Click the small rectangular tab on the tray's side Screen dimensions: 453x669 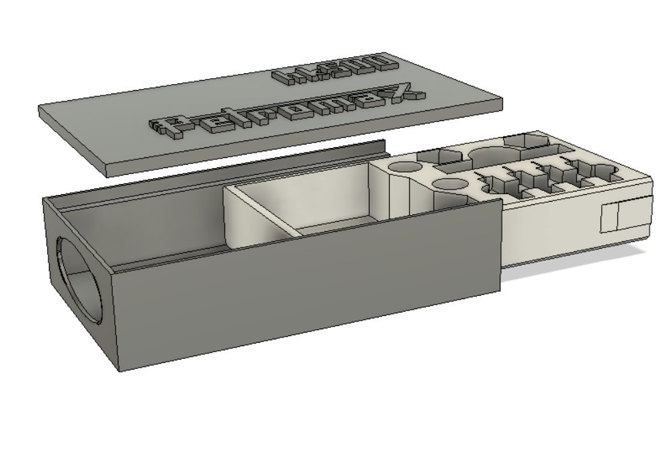coord(610,216)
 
